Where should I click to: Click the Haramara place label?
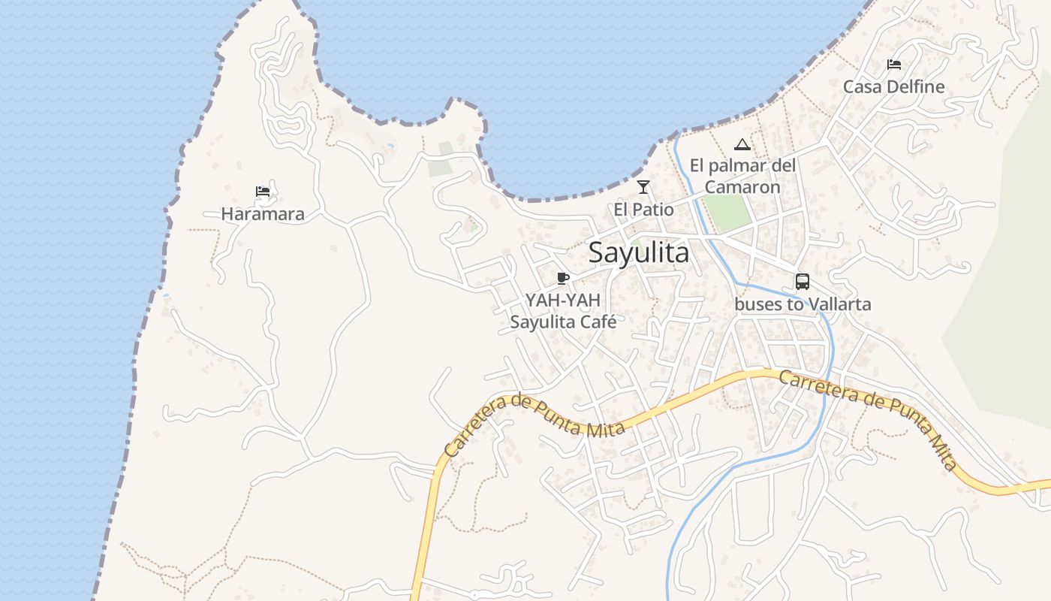pos(263,214)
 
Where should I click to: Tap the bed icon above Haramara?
pos(263,192)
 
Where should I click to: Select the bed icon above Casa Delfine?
pos(893,64)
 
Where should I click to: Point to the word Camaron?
pos(742,187)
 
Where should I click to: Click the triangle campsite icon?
pos(742,144)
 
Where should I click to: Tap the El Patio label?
pos(643,210)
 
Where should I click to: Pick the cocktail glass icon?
pos(643,187)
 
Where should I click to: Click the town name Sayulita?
pos(638,252)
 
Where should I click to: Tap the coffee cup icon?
pos(563,279)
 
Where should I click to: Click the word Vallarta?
pos(835,304)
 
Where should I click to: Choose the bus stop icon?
pos(803,282)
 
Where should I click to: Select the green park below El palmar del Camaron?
pos(727,213)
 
